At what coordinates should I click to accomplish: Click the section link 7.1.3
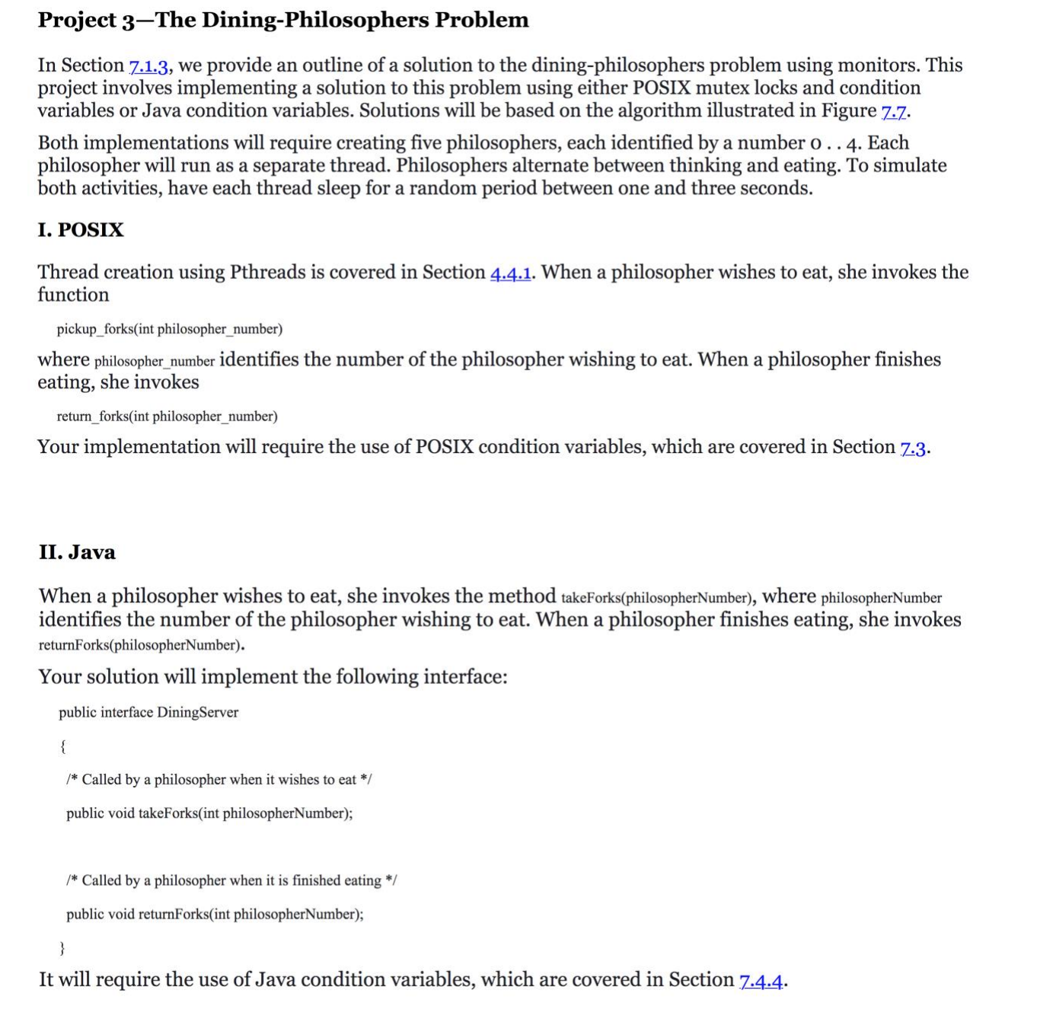click(x=148, y=66)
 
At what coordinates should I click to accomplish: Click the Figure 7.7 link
click(x=894, y=112)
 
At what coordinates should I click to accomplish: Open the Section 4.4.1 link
click(x=511, y=273)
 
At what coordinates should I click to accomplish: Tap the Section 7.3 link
click(x=913, y=448)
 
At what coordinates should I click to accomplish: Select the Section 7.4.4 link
click(x=761, y=980)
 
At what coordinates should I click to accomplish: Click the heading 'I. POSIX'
click(x=81, y=230)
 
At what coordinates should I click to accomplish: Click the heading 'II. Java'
click(x=77, y=552)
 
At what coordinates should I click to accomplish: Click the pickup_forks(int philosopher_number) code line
click(x=169, y=329)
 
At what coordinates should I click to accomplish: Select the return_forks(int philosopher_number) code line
click(x=167, y=417)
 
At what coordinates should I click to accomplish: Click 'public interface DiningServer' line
click(x=148, y=713)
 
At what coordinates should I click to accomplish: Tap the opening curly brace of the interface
click(x=62, y=746)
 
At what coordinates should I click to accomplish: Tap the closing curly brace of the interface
click(x=62, y=947)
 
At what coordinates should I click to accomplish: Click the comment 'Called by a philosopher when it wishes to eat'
click(x=219, y=780)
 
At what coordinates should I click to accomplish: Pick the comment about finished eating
click(x=231, y=881)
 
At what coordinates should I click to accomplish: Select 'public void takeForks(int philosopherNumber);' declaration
click(x=209, y=813)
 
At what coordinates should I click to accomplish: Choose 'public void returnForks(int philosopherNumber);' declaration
click(x=215, y=915)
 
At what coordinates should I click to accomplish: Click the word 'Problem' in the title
click(x=481, y=20)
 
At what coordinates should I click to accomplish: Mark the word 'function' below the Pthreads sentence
click(x=73, y=295)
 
